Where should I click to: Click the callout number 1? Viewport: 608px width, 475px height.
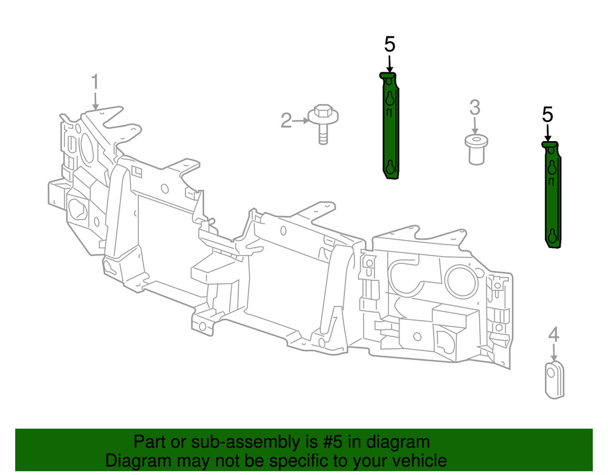(95, 81)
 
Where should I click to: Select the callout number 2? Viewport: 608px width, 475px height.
(286, 120)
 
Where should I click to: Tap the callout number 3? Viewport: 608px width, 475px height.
(474, 108)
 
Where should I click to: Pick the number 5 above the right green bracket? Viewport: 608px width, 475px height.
(548, 114)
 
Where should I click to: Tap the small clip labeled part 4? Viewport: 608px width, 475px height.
(553, 381)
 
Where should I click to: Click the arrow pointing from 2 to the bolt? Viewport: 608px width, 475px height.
(301, 120)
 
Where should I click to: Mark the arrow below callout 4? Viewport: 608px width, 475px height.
(553, 352)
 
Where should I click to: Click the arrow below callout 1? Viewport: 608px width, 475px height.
(95, 100)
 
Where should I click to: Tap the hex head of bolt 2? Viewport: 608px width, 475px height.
(323, 112)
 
